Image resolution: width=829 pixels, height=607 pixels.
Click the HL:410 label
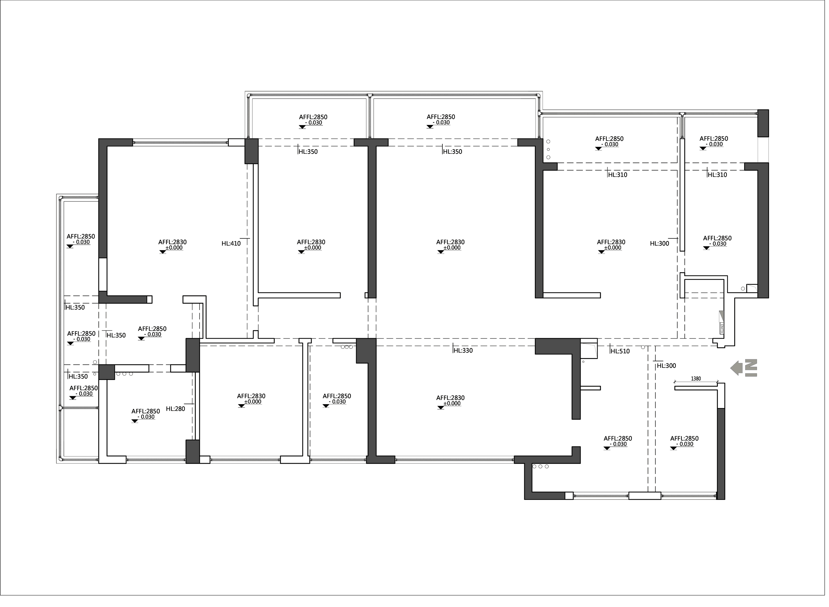[231, 244]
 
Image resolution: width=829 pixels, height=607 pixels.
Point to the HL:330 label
[463, 351]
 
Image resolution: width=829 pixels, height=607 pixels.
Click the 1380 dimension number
[696, 379]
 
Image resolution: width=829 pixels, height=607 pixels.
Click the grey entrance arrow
[736, 368]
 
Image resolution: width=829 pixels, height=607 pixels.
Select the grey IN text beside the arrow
[751, 368]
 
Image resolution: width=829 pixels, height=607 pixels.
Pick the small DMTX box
[721, 329]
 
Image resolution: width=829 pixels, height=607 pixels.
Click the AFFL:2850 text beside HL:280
[146, 411]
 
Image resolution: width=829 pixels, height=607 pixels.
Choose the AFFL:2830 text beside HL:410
[172, 242]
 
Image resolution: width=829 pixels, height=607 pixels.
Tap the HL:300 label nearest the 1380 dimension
[666, 366]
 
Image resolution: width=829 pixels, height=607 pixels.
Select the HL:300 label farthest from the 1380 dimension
[659, 244]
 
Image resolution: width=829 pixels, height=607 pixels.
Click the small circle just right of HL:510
[643, 347]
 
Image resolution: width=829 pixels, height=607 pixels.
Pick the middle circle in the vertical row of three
[548, 150]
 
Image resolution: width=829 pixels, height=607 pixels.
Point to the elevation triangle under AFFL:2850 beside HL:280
[135, 421]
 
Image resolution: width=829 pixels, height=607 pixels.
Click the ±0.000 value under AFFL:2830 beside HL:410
[174, 248]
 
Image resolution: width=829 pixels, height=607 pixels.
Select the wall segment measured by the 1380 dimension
[696, 388]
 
